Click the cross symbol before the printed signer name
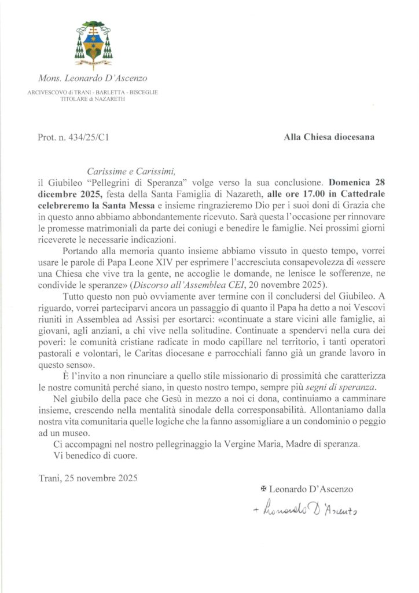point(264,489)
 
